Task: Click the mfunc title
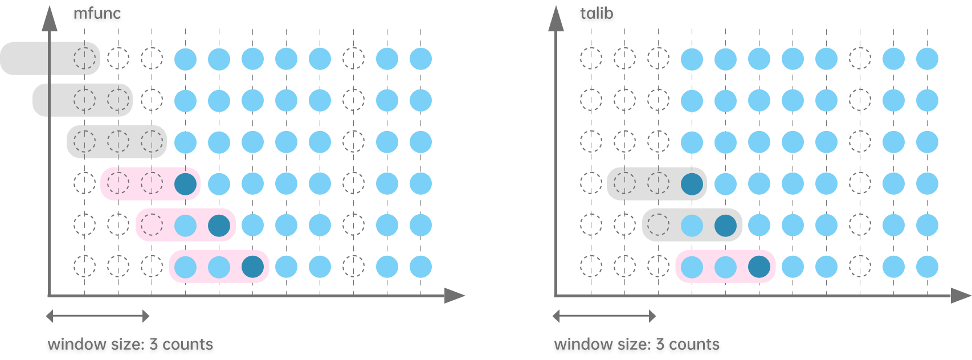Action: (97, 13)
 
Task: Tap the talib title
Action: (597, 13)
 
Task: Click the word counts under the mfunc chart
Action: (187, 345)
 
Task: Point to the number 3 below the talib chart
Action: (660, 345)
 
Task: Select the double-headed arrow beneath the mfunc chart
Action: (97, 316)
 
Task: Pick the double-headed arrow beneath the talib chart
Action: (604, 316)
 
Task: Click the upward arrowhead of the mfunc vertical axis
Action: (50, 19)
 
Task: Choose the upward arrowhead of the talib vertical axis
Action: (556, 19)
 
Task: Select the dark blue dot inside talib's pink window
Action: (759, 267)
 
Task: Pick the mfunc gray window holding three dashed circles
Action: (116, 141)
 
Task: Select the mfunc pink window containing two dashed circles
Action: (150, 183)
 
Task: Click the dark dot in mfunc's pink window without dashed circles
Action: (252, 267)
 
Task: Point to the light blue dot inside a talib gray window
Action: (692, 226)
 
